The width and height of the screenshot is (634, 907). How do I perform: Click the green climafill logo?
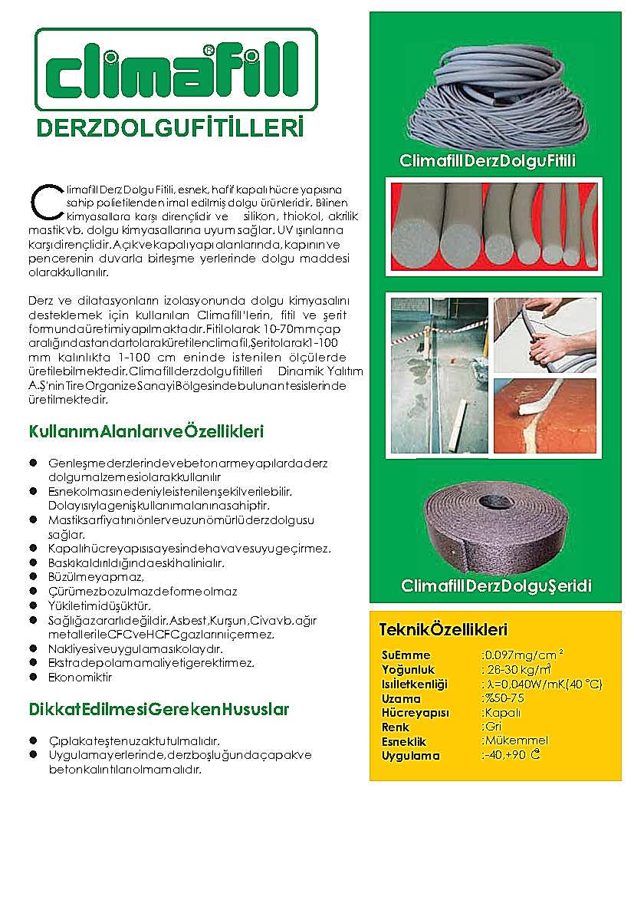(176, 71)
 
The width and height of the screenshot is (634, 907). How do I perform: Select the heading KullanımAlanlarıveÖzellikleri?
(146, 432)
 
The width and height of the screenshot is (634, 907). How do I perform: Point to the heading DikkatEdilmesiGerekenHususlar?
(159, 709)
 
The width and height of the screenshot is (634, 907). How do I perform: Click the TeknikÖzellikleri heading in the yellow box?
(443, 630)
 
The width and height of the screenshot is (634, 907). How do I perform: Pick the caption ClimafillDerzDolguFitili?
(488, 161)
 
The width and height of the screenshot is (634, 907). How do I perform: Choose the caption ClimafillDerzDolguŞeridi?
(496, 586)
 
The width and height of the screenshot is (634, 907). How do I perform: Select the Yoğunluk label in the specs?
(408, 670)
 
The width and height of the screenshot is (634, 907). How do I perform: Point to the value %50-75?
(503, 698)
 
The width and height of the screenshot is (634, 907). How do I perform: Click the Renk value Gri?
(491, 726)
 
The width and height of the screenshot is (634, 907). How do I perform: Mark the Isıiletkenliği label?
(414, 684)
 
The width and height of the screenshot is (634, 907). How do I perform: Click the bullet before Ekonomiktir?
(34, 677)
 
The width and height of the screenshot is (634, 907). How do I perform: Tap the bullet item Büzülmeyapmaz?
(96, 577)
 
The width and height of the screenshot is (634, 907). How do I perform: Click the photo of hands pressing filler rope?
(545, 333)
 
